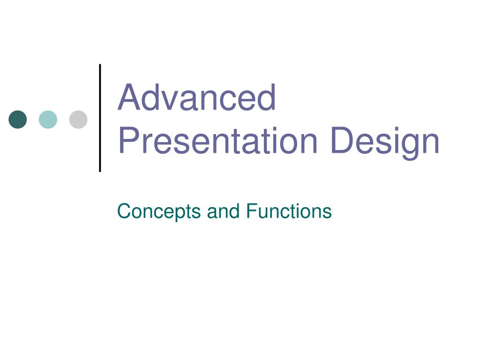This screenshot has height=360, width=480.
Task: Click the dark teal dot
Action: pyautogui.click(x=18, y=120)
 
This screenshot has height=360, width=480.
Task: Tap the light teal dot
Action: pyautogui.click(x=48, y=120)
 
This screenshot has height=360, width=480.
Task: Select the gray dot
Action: pyautogui.click(x=78, y=120)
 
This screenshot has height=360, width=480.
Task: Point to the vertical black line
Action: pyautogui.click(x=100, y=117)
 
